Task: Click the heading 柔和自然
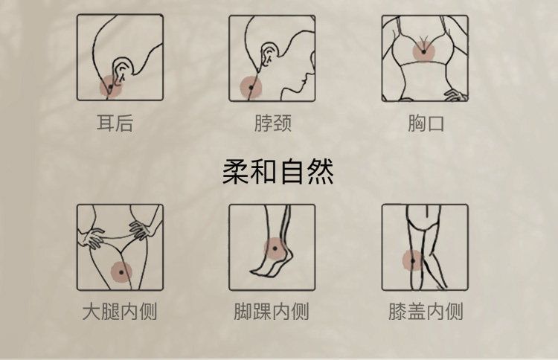click(278, 172)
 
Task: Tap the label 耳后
click(115, 123)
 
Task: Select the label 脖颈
click(273, 123)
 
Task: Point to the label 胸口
click(426, 123)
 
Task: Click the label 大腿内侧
click(120, 311)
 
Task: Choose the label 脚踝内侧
click(271, 311)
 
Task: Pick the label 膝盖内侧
click(426, 311)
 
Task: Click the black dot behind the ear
click(110, 87)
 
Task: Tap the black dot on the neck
click(251, 88)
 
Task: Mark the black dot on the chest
click(424, 52)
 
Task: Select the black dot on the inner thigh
click(121, 272)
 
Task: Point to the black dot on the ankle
click(275, 248)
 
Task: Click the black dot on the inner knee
click(413, 261)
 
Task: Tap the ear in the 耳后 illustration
click(123, 68)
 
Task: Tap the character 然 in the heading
click(321, 172)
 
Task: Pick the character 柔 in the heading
click(235, 172)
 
